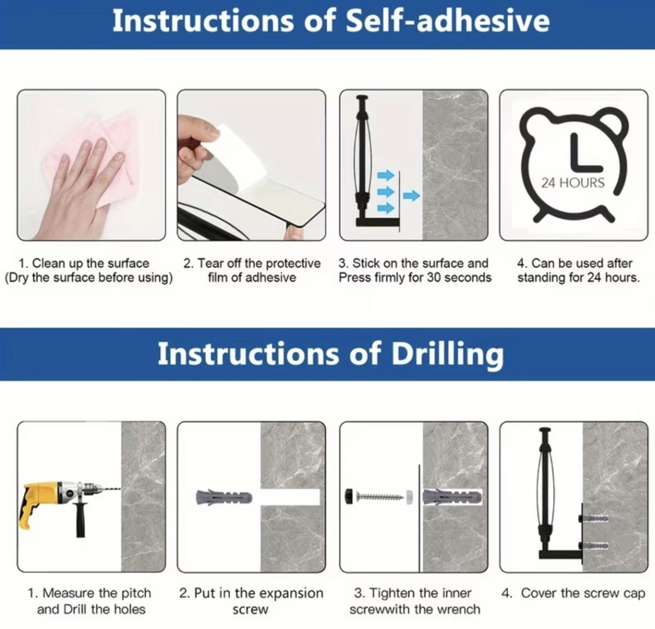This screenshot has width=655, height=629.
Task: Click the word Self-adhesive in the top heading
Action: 447,22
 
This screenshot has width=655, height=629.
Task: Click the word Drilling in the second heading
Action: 447,355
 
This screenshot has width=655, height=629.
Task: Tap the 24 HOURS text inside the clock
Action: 573,183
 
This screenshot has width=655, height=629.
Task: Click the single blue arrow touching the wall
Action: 412,195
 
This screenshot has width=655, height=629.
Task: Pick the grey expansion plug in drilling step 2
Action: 224,497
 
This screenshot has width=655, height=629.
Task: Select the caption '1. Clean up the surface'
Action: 83,263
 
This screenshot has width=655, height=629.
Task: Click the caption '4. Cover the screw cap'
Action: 573,593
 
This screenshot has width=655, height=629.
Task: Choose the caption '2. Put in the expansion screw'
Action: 251,601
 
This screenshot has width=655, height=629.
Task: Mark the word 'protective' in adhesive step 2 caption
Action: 293,264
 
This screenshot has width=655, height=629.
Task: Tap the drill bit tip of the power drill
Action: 120,489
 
